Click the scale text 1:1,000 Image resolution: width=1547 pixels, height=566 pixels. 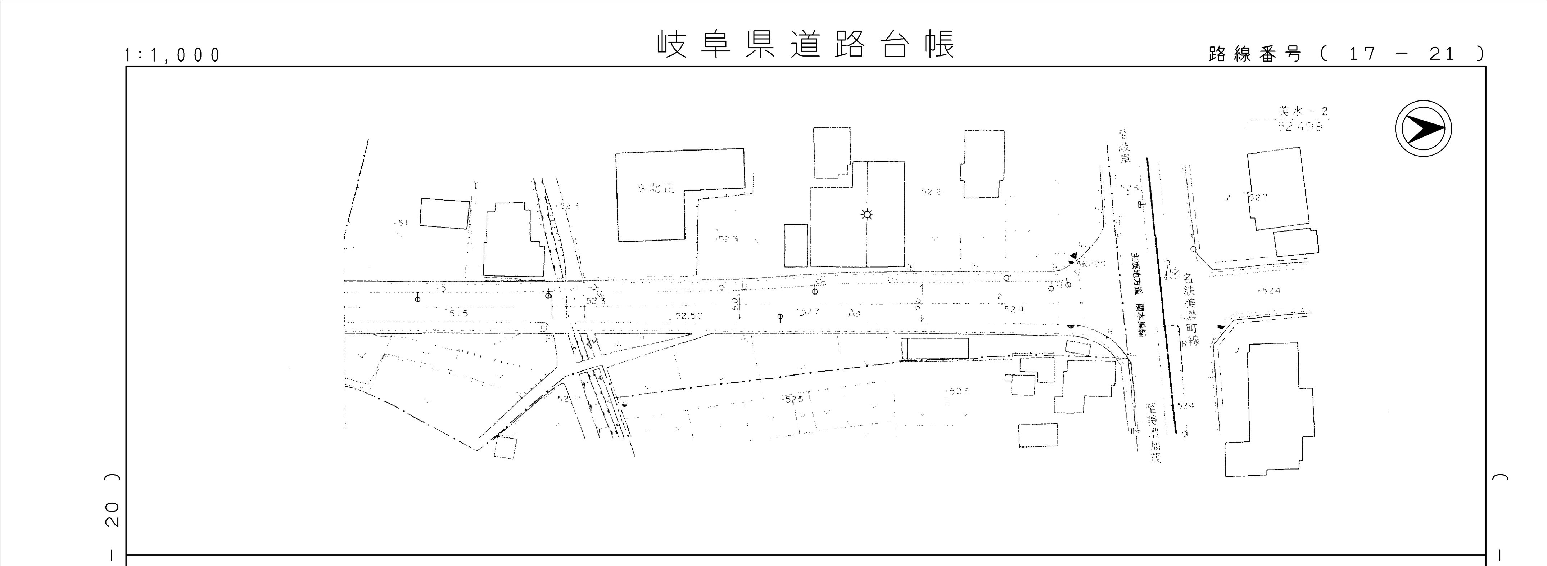[172, 55]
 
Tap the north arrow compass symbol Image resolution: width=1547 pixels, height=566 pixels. [1423, 129]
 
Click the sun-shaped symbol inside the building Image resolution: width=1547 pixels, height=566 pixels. [867, 215]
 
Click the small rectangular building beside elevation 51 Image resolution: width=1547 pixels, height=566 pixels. [444, 213]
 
